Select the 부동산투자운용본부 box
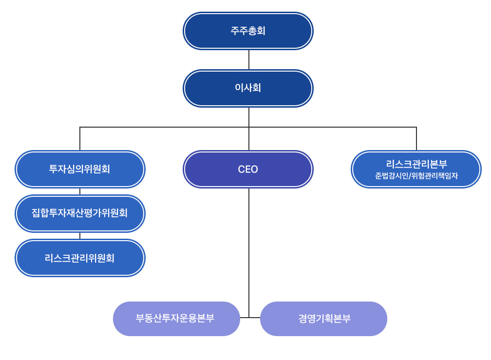[x=176, y=319]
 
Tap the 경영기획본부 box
[x=323, y=319]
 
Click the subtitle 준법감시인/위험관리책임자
[x=416, y=176]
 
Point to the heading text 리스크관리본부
[x=416, y=164]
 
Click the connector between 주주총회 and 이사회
[x=249, y=59]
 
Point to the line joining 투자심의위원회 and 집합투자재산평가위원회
[x=80, y=191]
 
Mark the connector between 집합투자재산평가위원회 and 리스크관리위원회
[x=80, y=236]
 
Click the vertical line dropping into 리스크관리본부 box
[x=416, y=139]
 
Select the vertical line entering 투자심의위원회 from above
[x=80, y=139]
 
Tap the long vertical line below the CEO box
[x=249, y=244]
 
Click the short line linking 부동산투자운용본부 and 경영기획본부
[x=250, y=318]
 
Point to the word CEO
[x=248, y=170]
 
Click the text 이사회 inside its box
[x=248, y=88]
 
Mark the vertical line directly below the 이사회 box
[x=249, y=117]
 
